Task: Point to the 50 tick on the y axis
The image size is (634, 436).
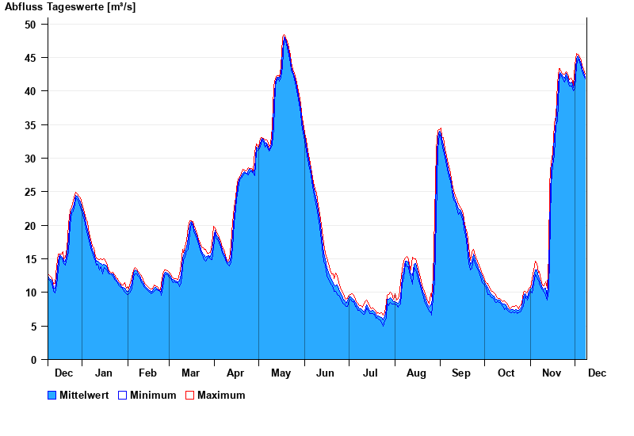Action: [x=31, y=25]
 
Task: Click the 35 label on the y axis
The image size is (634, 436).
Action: [x=31, y=125]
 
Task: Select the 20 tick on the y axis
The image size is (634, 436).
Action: [x=31, y=226]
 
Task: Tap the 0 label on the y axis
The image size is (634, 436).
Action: [x=34, y=360]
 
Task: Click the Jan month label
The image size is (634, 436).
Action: [x=104, y=373]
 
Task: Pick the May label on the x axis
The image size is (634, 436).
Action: [x=281, y=373]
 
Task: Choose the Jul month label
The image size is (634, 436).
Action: [x=371, y=373]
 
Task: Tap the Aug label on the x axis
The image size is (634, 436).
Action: [x=416, y=373]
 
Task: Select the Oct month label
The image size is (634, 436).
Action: [x=506, y=373]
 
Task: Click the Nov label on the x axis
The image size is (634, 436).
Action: [x=551, y=373]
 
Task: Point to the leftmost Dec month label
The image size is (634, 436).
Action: [x=64, y=373]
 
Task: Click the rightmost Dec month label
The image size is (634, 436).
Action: [x=597, y=373]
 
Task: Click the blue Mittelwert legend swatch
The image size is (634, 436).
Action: [x=52, y=395]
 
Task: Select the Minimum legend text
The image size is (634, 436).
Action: [x=153, y=395]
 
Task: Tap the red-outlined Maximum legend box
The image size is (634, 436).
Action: [x=189, y=395]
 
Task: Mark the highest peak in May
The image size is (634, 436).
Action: [x=284, y=36]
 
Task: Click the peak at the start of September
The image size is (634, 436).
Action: [x=440, y=129]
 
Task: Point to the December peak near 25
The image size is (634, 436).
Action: [x=76, y=193]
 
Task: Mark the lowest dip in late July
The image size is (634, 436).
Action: [x=384, y=323]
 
